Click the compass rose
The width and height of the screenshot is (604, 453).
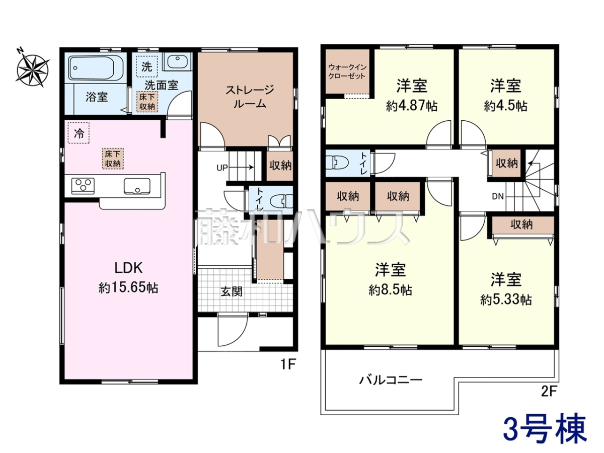(33, 68)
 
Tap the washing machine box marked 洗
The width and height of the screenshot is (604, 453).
(146, 66)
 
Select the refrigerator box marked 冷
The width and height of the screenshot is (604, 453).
(79, 133)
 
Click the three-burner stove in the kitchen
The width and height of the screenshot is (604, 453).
(83, 186)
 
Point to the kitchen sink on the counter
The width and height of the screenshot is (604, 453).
(137, 186)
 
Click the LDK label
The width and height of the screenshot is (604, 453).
(128, 268)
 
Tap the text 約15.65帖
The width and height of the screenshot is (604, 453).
(128, 288)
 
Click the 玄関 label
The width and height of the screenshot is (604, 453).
(232, 291)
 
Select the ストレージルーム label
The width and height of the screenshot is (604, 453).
(250, 97)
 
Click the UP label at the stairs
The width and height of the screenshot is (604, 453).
(222, 168)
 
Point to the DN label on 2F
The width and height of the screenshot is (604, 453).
(498, 196)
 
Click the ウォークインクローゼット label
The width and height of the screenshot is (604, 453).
(347, 71)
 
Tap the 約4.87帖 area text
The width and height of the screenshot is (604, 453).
(412, 106)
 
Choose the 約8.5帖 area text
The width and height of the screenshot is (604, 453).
(391, 290)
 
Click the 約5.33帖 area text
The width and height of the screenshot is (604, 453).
(506, 299)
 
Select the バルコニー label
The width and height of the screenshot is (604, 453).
(391, 381)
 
